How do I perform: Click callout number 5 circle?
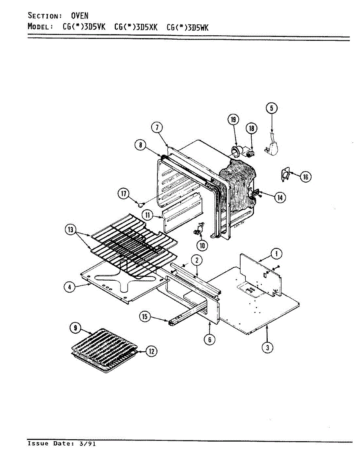click(271, 108)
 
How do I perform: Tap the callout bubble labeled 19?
click(234, 120)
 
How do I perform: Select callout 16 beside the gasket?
click(305, 177)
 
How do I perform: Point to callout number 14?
click(280, 197)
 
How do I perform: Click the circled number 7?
click(157, 128)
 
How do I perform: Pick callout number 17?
click(124, 194)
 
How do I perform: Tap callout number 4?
click(69, 287)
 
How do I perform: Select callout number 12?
click(152, 351)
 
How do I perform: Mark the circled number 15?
click(145, 317)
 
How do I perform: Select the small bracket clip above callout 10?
click(199, 228)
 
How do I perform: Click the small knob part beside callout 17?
click(140, 204)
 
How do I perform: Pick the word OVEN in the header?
click(80, 16)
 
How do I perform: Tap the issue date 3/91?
click(89, 444)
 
